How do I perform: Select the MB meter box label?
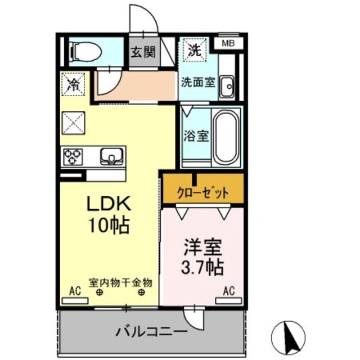tap(228, 43)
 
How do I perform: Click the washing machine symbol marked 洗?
tap(195, 49)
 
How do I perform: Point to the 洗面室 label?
tap(197, 81)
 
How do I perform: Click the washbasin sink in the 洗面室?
tap(227, 87)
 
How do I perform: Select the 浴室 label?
tap(196, 136)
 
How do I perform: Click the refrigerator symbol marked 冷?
tap(73, 84)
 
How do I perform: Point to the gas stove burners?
tap(73, 155)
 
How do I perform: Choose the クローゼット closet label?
tap(204, 193)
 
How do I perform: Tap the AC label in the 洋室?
tap(228, 291)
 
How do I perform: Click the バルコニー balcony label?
tap(151, 331)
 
